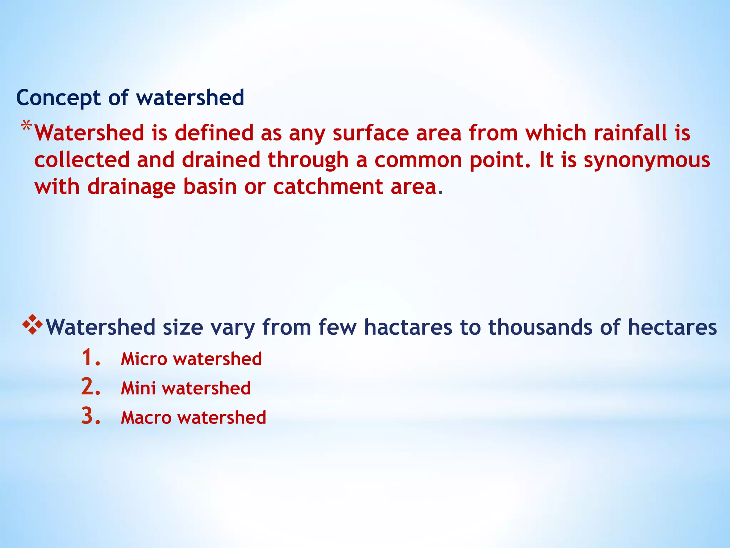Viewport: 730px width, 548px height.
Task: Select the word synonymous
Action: point(647,160)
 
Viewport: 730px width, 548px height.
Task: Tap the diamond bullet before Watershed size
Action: point(32,324)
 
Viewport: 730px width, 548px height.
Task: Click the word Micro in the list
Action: point(144,359)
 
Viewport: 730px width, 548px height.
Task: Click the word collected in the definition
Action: point(82,160)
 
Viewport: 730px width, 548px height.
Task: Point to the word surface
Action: point(371,133)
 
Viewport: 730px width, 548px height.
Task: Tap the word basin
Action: point(210,187)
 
